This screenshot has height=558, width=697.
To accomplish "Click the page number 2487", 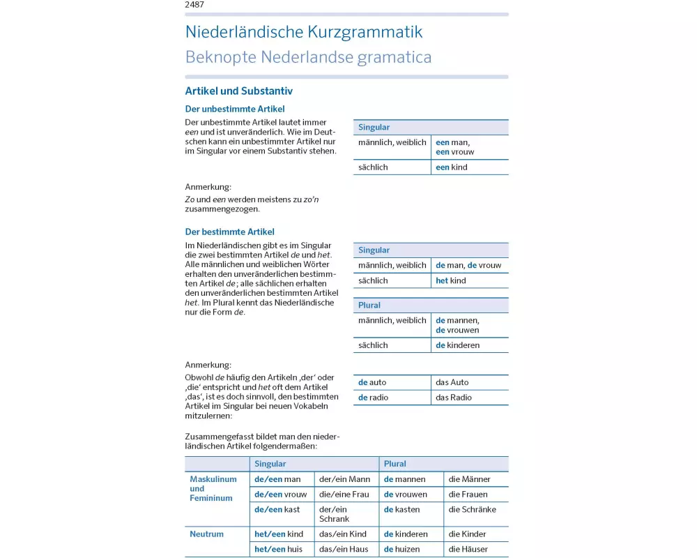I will [194, 5].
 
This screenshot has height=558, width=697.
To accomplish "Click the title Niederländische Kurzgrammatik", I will [303, 32].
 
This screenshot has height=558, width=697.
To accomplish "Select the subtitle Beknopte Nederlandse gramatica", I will [308, 57].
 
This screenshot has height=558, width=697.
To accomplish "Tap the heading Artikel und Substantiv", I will [238, 91].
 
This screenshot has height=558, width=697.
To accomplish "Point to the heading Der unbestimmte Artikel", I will [234, 109].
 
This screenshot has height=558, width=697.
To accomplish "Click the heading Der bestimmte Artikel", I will [229, 232].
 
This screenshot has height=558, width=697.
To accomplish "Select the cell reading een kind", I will [452, 167].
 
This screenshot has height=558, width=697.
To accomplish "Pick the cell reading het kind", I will [451, 280].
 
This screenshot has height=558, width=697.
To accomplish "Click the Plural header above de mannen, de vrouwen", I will [369, 306].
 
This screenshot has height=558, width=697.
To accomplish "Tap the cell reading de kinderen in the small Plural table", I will [458, 345].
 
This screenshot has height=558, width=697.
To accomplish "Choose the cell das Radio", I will [454, 398].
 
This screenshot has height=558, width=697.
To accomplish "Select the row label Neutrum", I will [207, 534].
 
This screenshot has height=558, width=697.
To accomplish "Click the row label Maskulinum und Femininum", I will [213, 489].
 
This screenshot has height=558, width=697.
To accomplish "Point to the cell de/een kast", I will [277, 510].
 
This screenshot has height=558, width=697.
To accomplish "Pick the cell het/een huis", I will [279, 549].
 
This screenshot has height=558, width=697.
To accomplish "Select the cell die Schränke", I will [473, 510].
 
